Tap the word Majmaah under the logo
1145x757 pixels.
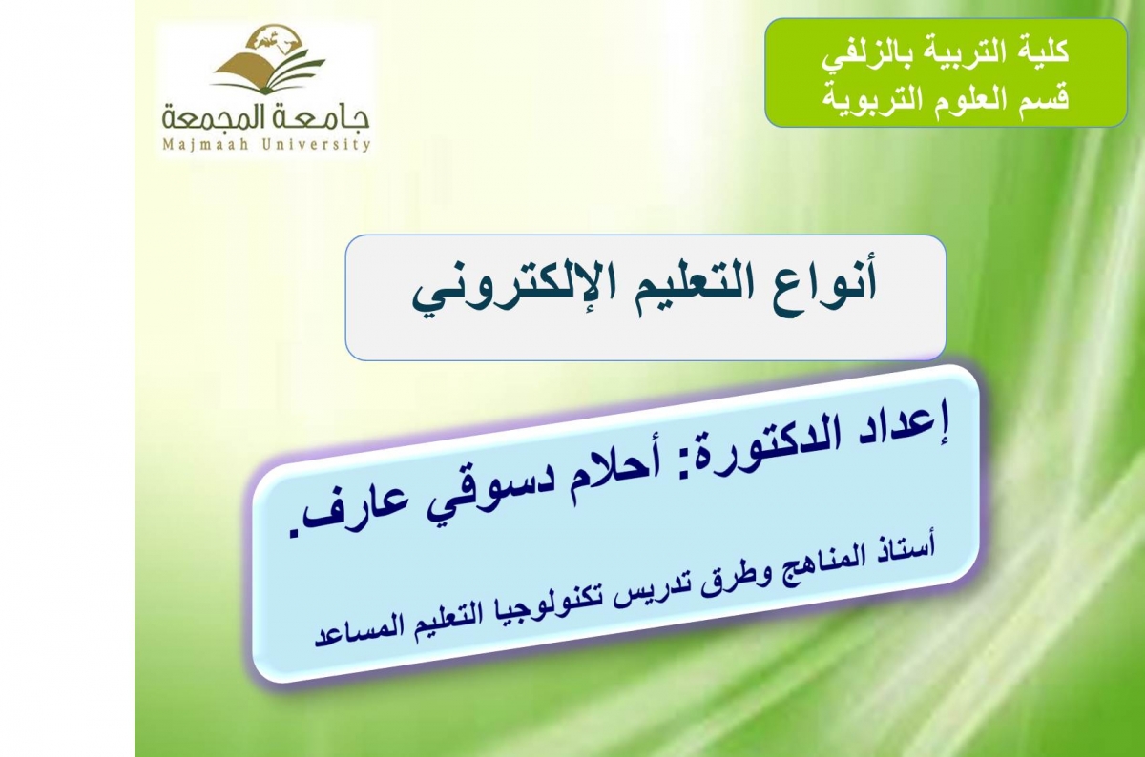tap(205, 145)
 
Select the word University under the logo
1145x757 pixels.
tap(316, 145)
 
